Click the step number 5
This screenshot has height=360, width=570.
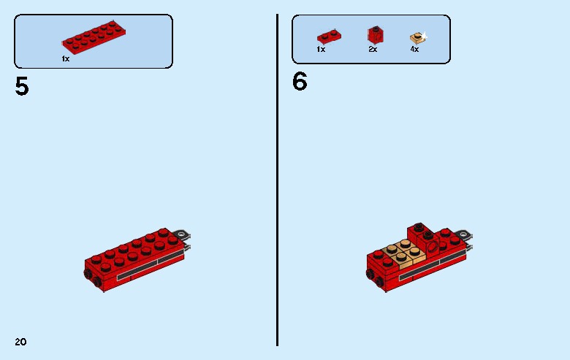pyautogui.click(x=22, y=87)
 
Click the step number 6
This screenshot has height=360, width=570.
pyautogui.click(x=300, y=81)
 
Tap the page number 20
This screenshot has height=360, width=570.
pyautogui.click(x=20, y=342)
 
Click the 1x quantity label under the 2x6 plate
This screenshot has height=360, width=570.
pyautogui.click(x=65, y=58)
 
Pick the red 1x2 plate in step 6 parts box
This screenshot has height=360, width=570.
pyautogui.click(x=327, y=37)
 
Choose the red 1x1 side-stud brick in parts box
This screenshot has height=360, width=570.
pyautogui.click(x=374, y=34)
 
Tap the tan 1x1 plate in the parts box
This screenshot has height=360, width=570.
pyautogui.click(x=416, y=37)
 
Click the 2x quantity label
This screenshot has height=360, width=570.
pyautogui.click(x=373, y=50)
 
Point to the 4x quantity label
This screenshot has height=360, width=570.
pyautogui.click(x=414, y=50)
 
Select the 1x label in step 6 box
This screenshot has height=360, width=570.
pyautogui.click(x=321, y=50)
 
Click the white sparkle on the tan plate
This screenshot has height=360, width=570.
pyautogui.click(x=423, y=34)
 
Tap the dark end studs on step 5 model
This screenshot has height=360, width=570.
pyautogui.click(x=91, y=275)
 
